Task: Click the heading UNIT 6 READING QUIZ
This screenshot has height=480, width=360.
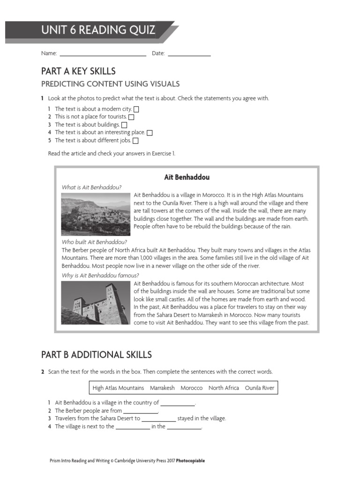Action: (98, 31)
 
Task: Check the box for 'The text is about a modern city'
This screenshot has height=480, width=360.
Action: (136, 109)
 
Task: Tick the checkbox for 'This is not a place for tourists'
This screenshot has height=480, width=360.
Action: (131, 117)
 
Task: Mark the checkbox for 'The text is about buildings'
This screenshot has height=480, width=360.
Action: (124, 125)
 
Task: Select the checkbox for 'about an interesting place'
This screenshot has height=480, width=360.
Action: (150, 133)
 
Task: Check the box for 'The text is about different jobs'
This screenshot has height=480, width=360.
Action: (135, 141)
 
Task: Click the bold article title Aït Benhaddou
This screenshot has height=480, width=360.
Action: (187, 177)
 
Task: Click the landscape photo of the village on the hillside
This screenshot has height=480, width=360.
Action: (96, 214)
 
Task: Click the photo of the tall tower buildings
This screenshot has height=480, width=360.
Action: (96, 303)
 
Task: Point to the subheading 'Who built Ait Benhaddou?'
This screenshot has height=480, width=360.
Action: (94, 242)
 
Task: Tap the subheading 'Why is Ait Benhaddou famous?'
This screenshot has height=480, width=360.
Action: (100, 275)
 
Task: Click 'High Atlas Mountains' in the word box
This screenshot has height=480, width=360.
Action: (118, 388)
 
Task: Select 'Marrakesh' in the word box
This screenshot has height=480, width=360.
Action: (162, 388)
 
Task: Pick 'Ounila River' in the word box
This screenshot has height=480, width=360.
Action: (259, 388)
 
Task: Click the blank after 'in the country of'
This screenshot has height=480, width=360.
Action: (178, 404)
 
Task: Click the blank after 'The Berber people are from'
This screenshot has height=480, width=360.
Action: (141, 412)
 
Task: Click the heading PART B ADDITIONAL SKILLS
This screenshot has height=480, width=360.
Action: (97, 354)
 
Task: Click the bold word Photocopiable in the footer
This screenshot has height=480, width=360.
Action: (190, 461)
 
